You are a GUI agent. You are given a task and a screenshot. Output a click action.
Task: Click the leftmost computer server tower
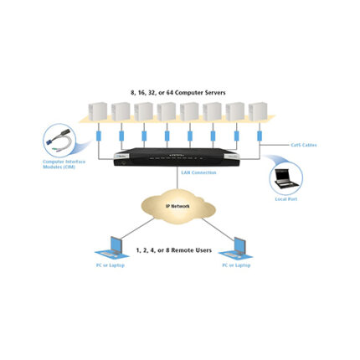point(97,112)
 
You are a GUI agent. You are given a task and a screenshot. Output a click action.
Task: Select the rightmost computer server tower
point(259,112)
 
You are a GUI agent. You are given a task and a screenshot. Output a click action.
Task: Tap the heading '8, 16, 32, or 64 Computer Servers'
point(178,91)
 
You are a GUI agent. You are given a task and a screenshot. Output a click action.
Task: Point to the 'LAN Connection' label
point(198,173)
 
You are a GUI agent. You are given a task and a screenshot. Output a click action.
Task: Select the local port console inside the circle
point(285,178)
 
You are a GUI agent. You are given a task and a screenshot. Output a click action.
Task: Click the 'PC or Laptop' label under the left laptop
point(111,265)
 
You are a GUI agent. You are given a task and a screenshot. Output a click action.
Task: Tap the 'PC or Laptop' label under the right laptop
point(239,265)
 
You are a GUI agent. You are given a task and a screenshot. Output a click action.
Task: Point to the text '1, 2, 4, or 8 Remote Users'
point(177,249)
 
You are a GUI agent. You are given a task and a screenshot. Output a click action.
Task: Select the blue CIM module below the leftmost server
point(100,135)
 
